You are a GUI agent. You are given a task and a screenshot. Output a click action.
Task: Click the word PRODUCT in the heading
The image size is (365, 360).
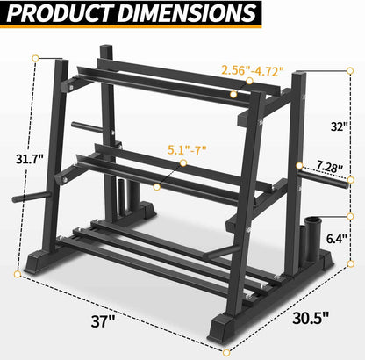click(60, 16)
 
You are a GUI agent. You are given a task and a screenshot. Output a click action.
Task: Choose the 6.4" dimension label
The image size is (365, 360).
click(337, 237)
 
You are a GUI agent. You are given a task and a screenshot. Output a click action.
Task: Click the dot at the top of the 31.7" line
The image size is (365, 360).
click(36, 60)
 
